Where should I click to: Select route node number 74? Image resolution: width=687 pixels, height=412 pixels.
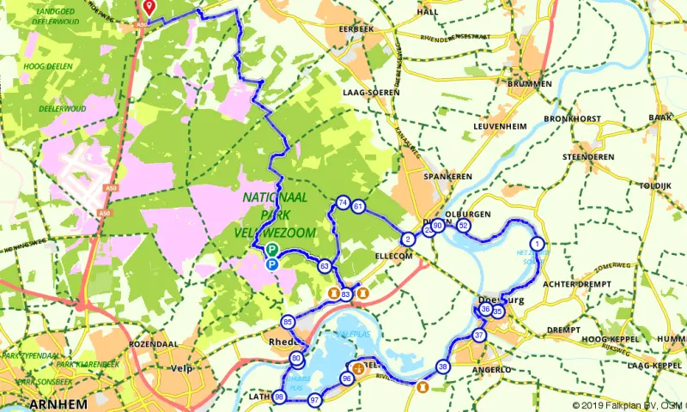(343, 203)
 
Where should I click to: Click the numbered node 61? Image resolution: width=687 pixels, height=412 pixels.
(359, 207)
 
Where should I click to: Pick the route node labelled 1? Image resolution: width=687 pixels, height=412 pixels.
(538, 244)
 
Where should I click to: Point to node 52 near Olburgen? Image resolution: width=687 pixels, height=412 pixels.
(464, 226)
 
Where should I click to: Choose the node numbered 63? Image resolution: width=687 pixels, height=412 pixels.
(325, 266)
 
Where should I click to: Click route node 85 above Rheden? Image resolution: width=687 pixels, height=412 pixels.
(288, 322)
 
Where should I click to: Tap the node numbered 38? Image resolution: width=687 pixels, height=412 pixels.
(443, 367)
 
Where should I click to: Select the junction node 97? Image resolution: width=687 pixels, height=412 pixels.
(315, 400)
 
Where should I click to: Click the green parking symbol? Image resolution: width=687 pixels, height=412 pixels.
(271, 250)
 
